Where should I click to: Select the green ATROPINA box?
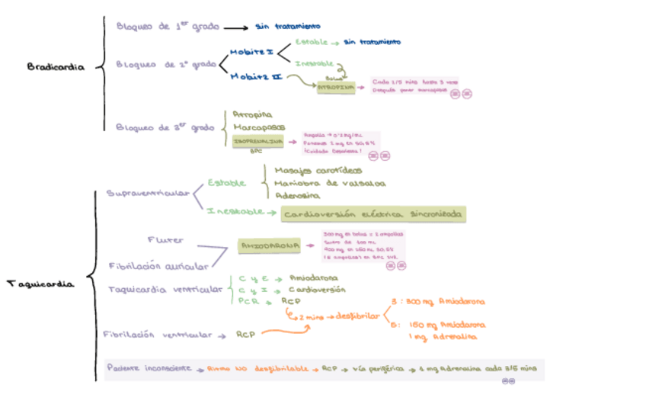coord(337,88)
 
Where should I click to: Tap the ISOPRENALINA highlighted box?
coord(258,141)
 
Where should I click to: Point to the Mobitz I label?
coord(251,51)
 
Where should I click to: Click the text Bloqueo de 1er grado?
coord(168,27)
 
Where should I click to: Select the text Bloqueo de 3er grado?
coord(165,127)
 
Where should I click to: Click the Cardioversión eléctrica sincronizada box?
coord(373,215)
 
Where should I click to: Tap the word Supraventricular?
coord(148,194)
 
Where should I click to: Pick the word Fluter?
coord(165,240)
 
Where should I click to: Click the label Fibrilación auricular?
coord(158,266)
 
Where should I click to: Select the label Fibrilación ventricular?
coord(158,334)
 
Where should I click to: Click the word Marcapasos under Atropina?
coord(259,127)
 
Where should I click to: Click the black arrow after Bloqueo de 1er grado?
coord(235,28)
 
